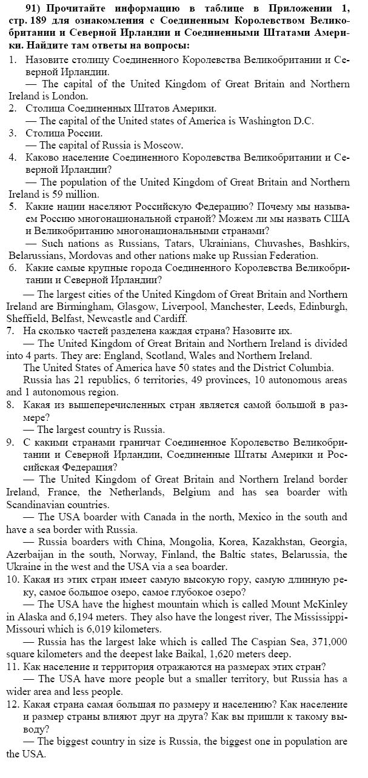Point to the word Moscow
click(x=164, y=146)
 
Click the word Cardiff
click(x=170, y=318)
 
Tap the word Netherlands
click(x=136, y=492)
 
